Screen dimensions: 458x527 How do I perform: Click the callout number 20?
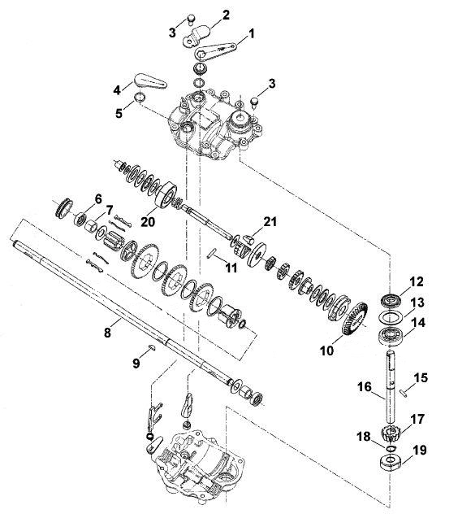click(148, 222)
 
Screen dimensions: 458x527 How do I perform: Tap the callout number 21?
click(270, 222)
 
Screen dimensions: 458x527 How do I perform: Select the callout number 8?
click(107, 333)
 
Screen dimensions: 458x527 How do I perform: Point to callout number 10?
click(326, 351)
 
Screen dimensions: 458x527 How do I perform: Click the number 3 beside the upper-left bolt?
click(172, 33)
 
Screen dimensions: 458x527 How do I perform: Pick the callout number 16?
click(365, 387)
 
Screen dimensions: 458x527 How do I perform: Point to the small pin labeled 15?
click(404, 392)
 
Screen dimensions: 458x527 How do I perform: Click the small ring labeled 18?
click(391, 448)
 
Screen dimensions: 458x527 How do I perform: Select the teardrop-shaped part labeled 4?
click(150, 81)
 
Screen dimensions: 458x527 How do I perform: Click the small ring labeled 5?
click(140, 97)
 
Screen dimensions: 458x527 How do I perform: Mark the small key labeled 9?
click(151, 347)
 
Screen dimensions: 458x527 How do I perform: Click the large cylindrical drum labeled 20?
click(166, 195)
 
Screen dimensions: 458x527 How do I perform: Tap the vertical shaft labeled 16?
click(391, 386)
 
